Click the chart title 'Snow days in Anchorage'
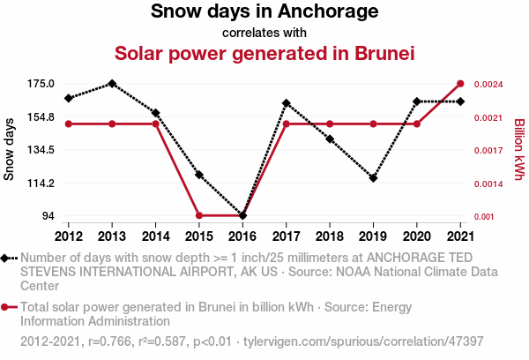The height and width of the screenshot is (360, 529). tap(264, 12)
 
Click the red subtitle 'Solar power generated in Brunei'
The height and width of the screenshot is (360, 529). tap(264, 53)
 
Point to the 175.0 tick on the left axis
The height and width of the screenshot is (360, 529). tap(41, 84)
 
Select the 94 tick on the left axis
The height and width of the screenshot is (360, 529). tap(48, 216)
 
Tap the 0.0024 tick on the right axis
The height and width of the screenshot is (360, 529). tap(488, 85)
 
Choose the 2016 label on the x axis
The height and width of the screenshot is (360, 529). tap(242, 236)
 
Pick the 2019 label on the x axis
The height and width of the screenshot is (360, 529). tap(374, 236)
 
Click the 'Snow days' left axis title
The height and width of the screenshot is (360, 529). tap(10, 150)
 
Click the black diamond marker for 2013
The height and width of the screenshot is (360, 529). tap(112, 84)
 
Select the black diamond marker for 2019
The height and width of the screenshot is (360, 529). tap(374, 178)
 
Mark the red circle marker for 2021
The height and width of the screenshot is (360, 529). tap(460, 84)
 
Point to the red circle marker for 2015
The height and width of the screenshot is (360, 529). tap(199, 215)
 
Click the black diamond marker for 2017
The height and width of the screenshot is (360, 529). tap(287, 103)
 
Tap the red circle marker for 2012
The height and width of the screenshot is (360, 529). tap(69, 124)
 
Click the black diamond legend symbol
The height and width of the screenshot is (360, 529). tap(8, 258)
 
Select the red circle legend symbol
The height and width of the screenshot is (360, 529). tap(8, 308)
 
